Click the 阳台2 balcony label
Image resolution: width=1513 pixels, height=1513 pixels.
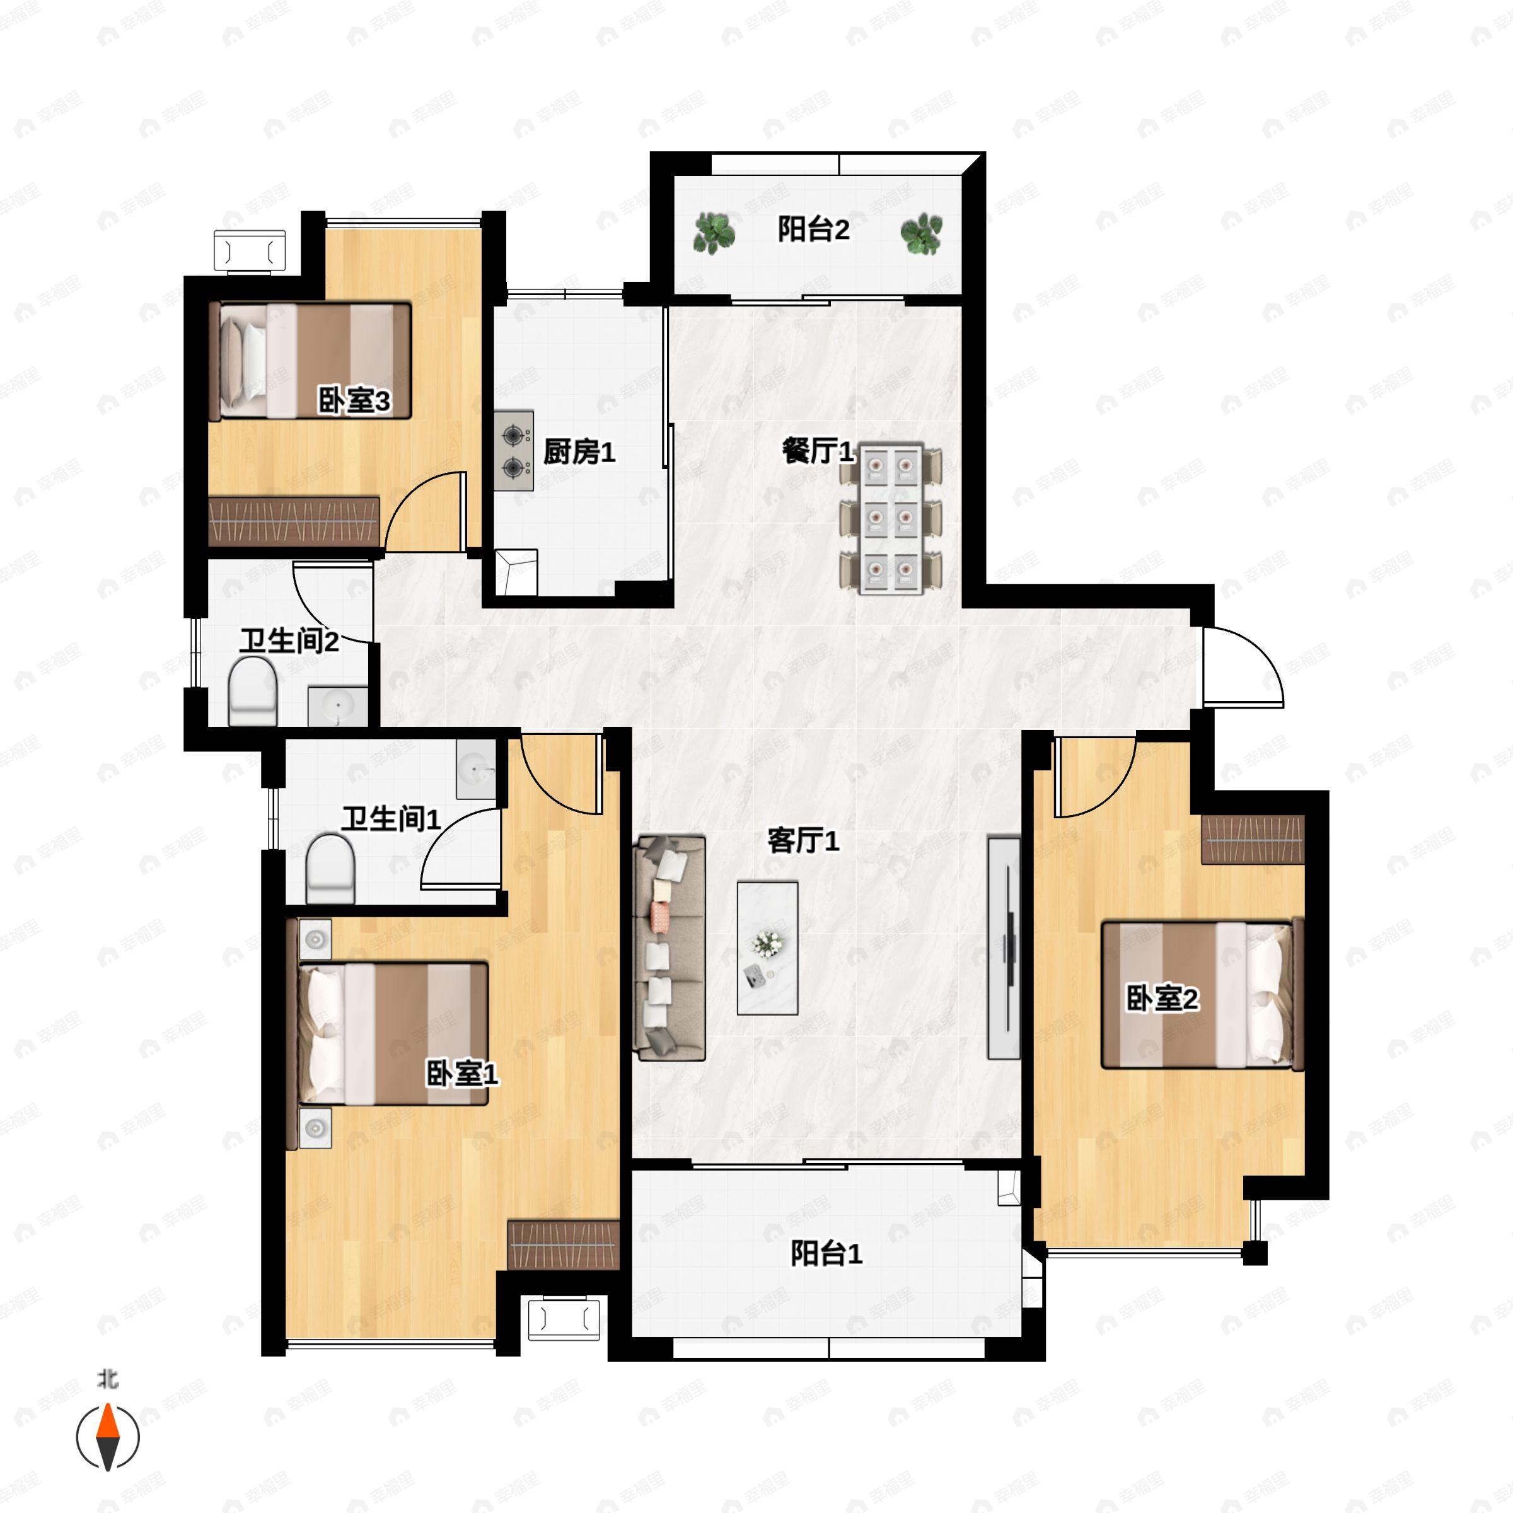[x=814, y=230]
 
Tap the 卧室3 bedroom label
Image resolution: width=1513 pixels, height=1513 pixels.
[x=354, y=402]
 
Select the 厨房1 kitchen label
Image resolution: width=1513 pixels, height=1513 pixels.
[x=579, y=452]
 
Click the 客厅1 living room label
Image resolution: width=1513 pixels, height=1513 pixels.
[x=804, y=841]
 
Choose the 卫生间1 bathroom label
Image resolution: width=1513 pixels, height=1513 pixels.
[x=391, y=820]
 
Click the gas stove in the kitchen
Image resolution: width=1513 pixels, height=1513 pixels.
[x=514, y=451]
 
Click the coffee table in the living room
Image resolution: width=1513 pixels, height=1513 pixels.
[x=767, y=948]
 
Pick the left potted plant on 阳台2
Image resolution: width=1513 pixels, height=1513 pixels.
[x=714, y=233]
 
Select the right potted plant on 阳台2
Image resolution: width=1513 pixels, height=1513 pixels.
[x=921, y=233]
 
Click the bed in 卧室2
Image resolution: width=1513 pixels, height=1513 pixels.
[x=1202, y=995]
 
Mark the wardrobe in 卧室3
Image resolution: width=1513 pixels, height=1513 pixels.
[x=294, y=521]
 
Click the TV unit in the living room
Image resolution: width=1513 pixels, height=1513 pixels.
[x=1004, y=948]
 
